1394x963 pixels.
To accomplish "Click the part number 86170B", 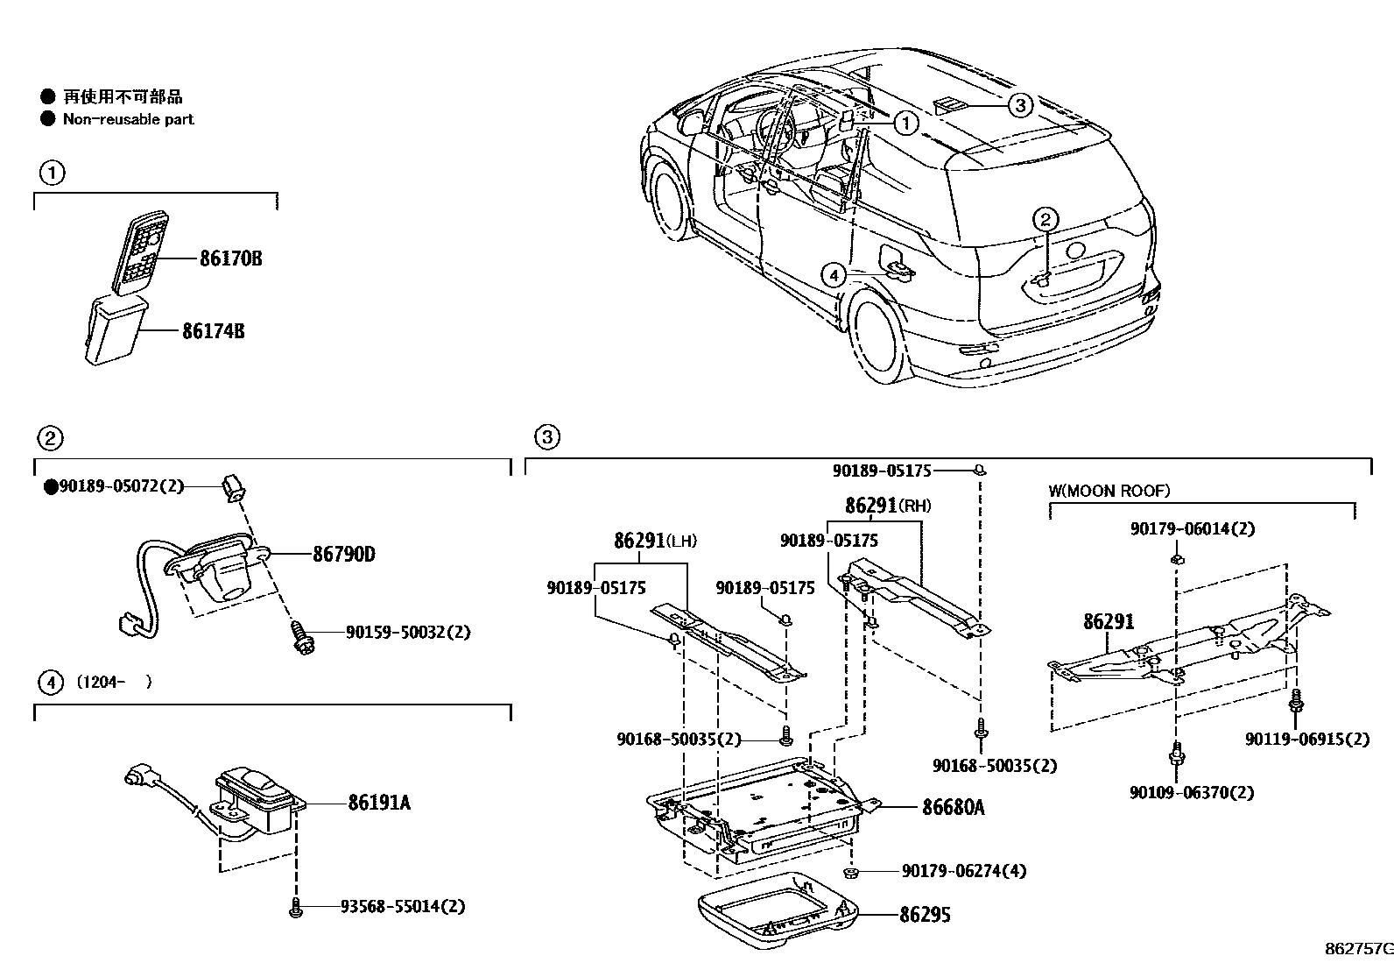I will pos(230,258).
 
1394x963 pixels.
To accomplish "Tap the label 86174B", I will pos(213,331).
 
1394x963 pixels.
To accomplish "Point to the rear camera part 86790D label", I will pos(344,554).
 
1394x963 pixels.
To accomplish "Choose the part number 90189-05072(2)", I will pos(121,485).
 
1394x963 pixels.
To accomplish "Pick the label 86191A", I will pos(379,802).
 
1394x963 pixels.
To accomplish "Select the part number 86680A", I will pos(953,806).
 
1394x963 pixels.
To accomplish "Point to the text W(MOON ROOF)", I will pos(1109,491).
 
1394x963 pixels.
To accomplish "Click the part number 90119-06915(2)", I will pos(1306,739).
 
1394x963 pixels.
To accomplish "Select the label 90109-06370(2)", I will pos(1191,792).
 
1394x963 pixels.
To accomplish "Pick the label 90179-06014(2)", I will pos(1192,528).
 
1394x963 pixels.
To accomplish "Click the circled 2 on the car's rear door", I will pos(1045,219).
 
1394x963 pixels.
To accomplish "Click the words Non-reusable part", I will pos(128,119).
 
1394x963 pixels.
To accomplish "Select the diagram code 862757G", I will pos(1357,948).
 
